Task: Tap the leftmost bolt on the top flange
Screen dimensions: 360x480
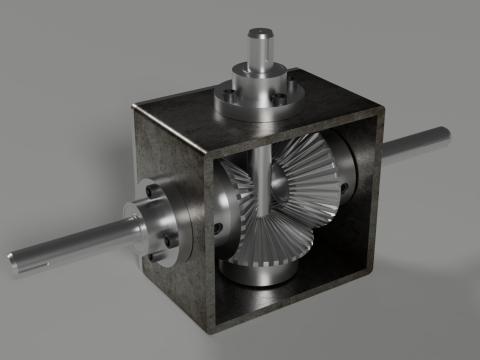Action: tap(226, 96)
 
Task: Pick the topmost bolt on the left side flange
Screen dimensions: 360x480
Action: tap(149, 188)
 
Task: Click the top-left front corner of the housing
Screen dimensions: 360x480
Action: tap(136, 105)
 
